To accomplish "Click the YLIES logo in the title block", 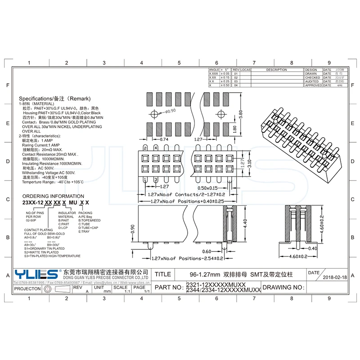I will tap(36, 274).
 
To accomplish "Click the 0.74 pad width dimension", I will tap(164, 140).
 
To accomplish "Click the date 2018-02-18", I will tap(335, 278).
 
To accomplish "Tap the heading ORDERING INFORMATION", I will tap(53, 196).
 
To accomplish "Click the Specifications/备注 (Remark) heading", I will tap(55, 99).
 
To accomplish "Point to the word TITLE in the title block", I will tap(162, 274).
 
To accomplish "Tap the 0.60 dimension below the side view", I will tap(207, 252).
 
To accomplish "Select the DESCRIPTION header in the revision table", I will tap(276, 70).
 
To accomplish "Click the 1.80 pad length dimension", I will tap(234, 128).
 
